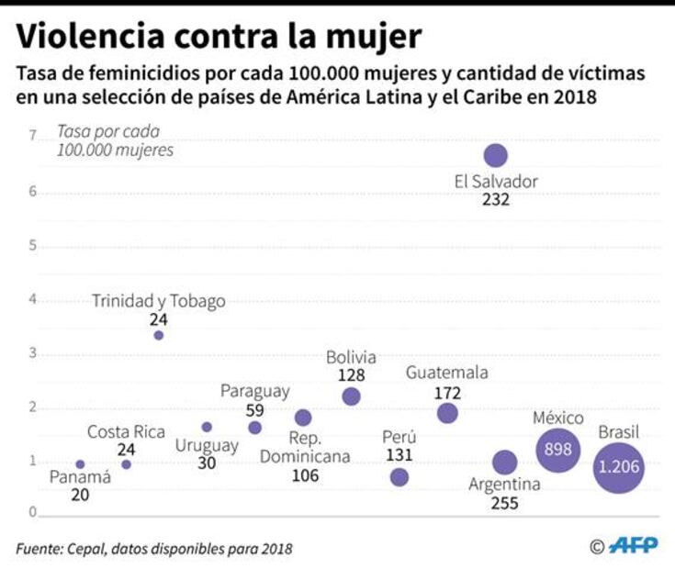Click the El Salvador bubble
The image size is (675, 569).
496,155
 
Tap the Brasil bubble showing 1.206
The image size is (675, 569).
618,466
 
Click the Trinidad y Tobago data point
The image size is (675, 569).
159,336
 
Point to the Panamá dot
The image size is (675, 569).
80,464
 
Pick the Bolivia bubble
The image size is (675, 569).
351,396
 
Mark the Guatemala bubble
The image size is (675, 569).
447,413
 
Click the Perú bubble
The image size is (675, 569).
399,477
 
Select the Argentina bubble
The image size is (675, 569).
504,463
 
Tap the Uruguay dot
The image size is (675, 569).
207,427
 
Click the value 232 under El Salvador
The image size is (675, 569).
495,199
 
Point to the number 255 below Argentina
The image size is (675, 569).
504,503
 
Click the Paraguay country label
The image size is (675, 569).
254,391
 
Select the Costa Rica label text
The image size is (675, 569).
126,431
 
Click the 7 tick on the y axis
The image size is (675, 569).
32,137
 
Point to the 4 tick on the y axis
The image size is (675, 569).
32,299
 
